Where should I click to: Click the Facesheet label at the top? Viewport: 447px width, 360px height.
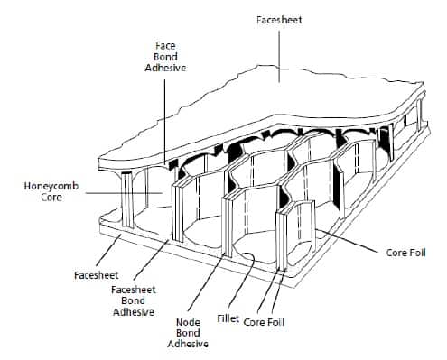tap(279, 20)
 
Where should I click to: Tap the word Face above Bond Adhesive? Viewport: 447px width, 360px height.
tap(165, 46)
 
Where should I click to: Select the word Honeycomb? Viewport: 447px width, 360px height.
tap(51, 186)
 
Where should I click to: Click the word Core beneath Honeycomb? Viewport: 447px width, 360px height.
tap(51, 198)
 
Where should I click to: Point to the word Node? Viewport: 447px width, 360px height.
tap(188, 322)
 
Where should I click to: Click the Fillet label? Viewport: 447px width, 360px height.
tap(228, 318)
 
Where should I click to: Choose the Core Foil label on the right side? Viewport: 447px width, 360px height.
tap(405, 253)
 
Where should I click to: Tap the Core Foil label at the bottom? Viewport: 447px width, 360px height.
tap(264, 322)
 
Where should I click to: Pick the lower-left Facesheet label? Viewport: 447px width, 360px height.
tap(97, 275)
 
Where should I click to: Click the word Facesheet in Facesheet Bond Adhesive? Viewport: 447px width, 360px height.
tap(134, 290)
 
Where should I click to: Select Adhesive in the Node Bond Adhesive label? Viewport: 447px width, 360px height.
tap(188, 344)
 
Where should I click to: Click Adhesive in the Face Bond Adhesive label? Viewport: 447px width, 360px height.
tap(165, 68)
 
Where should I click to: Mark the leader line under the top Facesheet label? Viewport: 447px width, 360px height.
tap(279, 56)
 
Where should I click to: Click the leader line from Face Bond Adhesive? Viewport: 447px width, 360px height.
tap(164, 122)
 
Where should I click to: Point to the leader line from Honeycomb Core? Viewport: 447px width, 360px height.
tap(124, 193)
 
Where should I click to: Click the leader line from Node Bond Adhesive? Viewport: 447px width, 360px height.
tap(207, 282)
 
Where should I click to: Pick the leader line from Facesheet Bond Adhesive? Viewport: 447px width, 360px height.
tap(152, 260)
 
